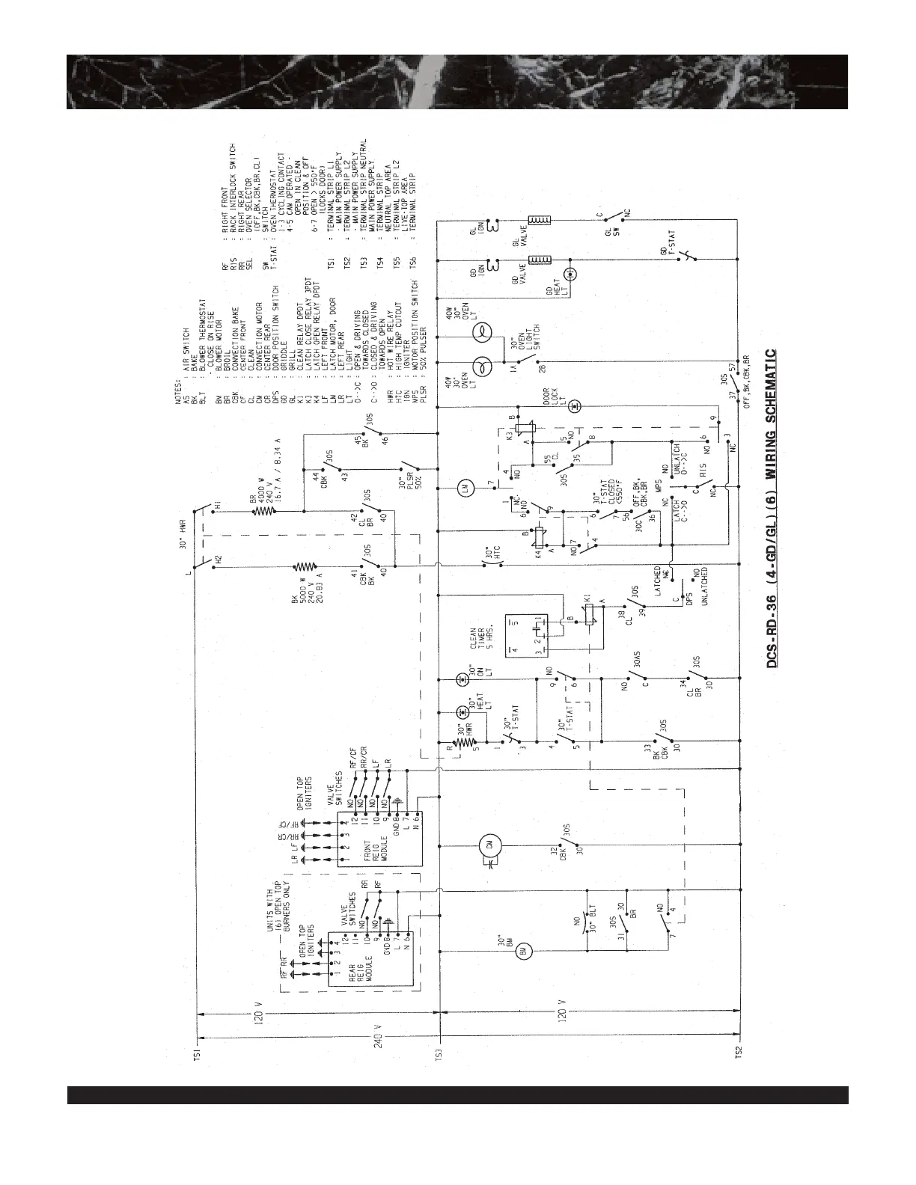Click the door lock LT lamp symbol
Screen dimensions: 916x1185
pyautogui.click(x=572, y=405)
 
